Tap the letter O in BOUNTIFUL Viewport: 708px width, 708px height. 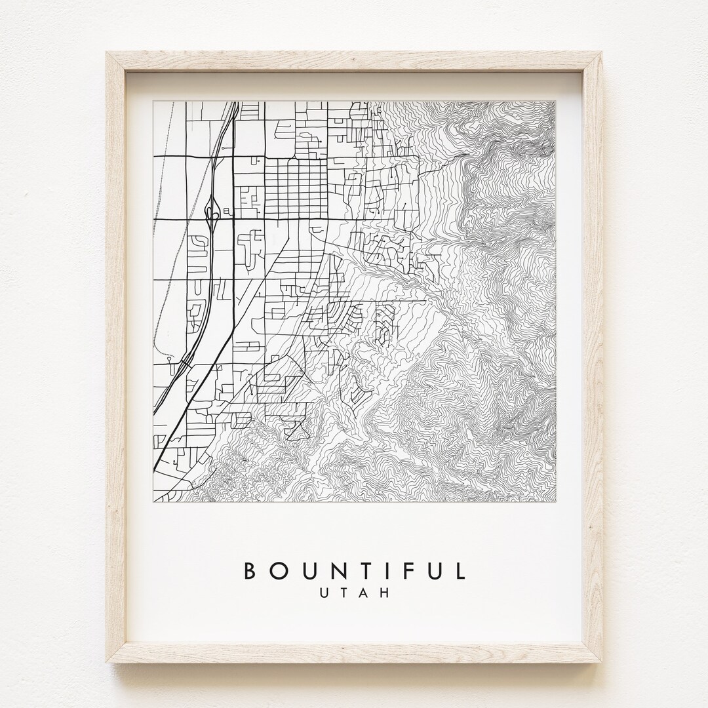279,570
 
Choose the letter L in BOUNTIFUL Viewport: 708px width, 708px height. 460,570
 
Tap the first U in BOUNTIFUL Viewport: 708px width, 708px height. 309,570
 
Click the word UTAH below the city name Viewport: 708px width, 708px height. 354,593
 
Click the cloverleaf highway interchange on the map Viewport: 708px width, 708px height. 212,211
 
